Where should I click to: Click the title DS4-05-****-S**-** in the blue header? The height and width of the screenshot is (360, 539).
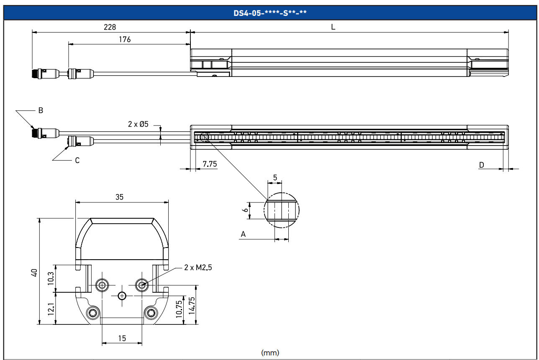click(x=270, y=13)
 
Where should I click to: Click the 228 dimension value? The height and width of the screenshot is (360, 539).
click(x=110, y=27)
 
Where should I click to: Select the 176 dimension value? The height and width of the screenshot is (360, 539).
click(x=125, y=39)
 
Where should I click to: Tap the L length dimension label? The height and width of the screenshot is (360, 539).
click(x=333, y=27)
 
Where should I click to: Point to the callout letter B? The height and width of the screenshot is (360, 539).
click(x=41, y=111)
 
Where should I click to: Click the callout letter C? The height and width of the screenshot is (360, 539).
click(x=77, y=160)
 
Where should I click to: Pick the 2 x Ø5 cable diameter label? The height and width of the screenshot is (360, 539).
click(x=139, y=124)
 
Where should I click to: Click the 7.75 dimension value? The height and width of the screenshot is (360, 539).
click(x=210, y=164)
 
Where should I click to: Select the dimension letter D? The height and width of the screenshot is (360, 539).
click(x=481, y=165)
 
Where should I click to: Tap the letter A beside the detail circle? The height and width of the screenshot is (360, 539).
click(x=243, y=235)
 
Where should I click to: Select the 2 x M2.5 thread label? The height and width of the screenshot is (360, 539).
click(x=198, y=268)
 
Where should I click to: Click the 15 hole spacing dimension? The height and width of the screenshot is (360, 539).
click(x=122, y=338)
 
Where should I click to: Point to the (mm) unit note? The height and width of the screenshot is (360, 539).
click(x=270, y=352)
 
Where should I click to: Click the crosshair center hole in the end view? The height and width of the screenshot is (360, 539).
click(x=122, y=296)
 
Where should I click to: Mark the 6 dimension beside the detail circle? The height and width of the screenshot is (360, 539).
click(x=246, y=210)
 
